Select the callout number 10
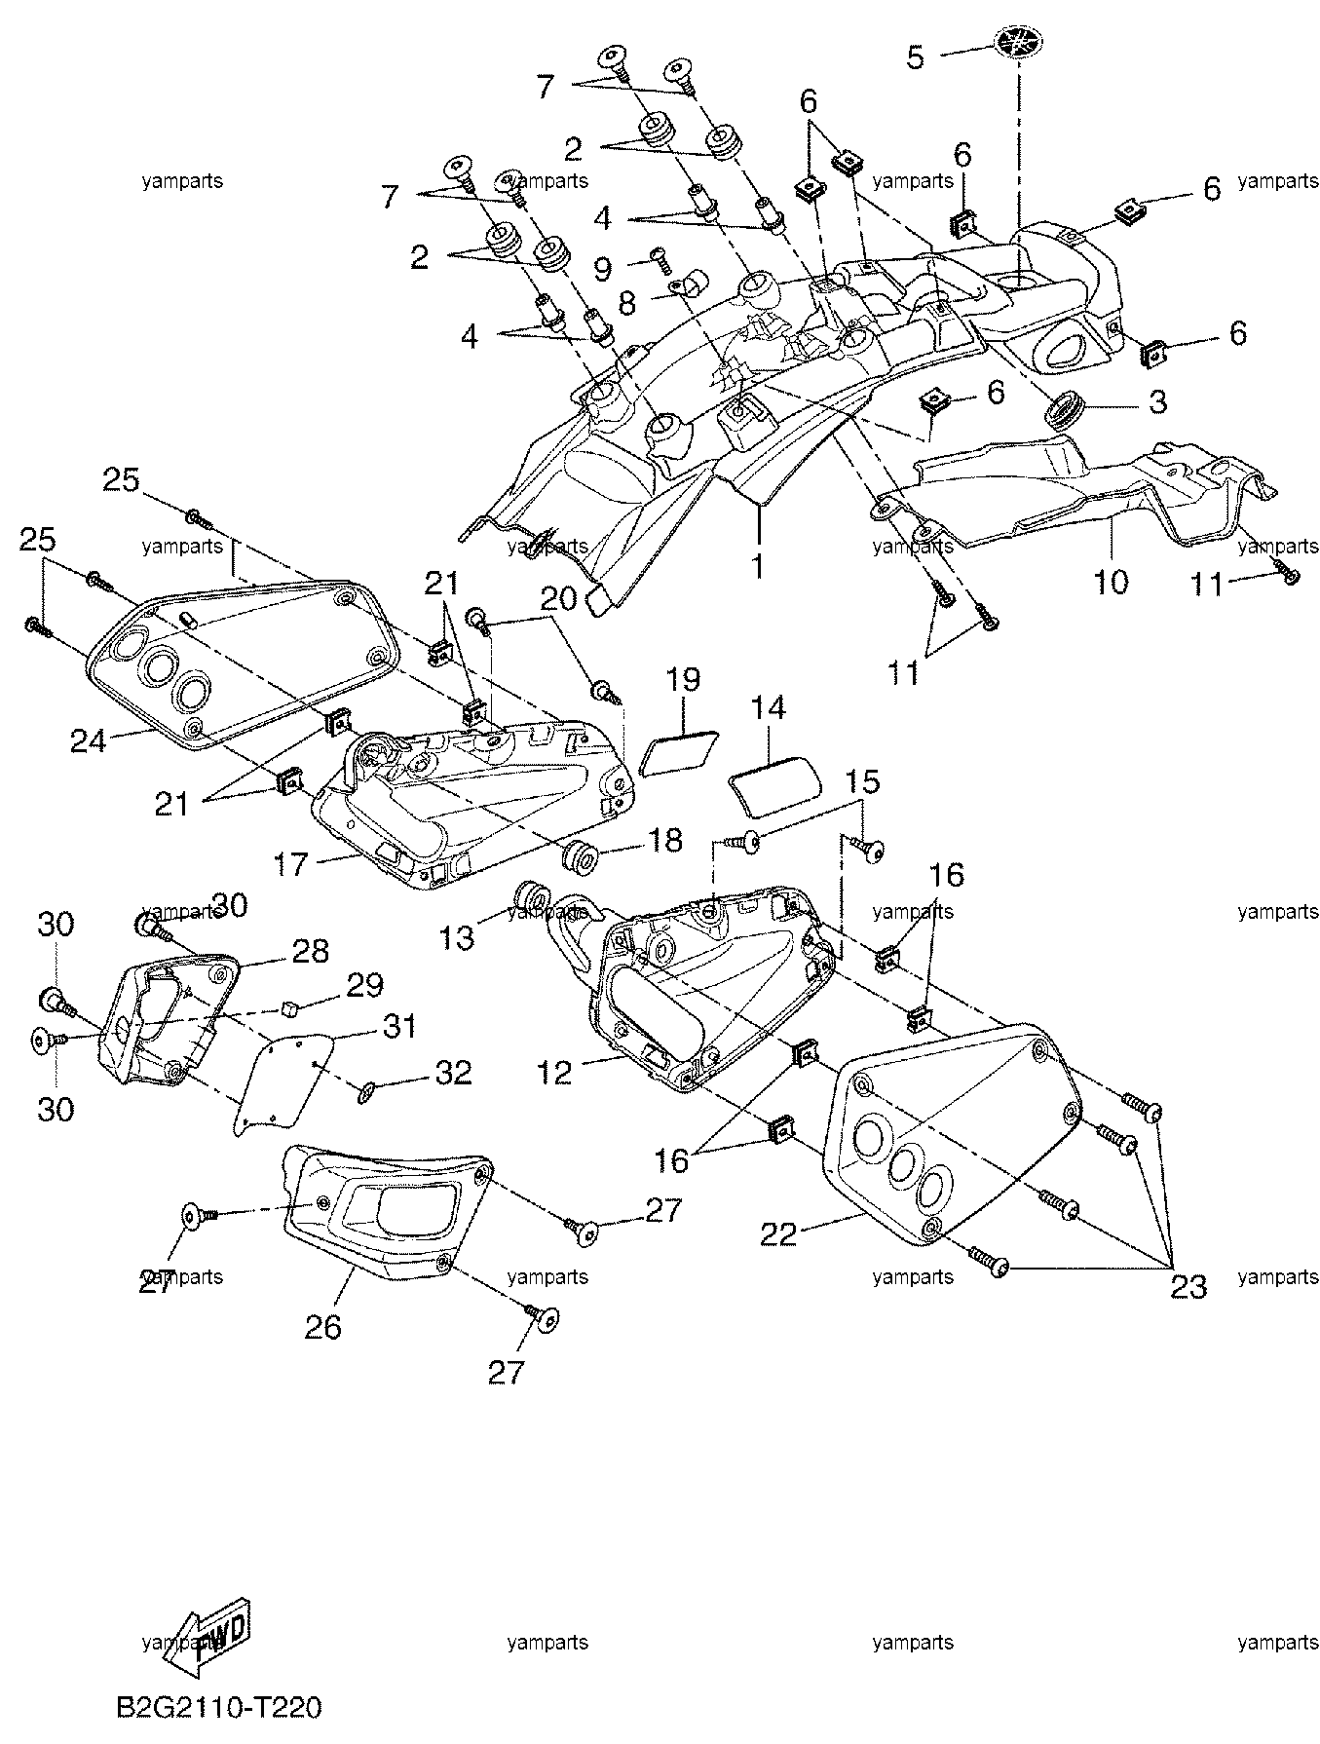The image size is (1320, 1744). [x=1111, y=582]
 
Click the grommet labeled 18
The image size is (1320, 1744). [x=582, y=854]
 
